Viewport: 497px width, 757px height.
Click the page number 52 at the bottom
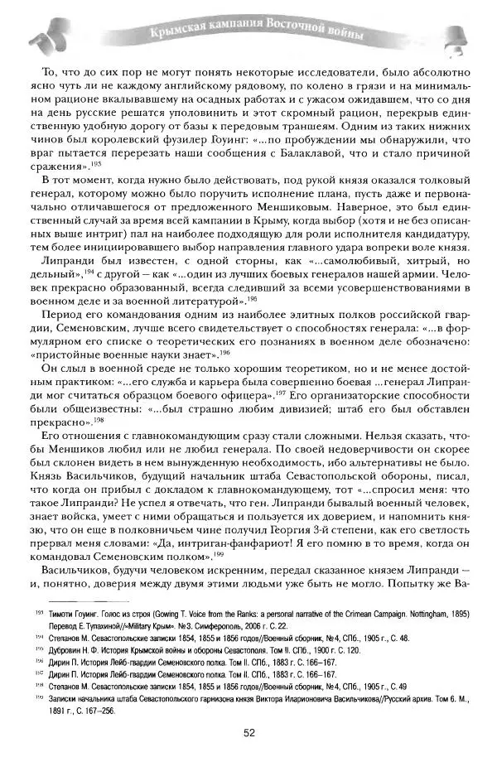tap(248, 732)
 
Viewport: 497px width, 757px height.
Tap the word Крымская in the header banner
tap(176, 33)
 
